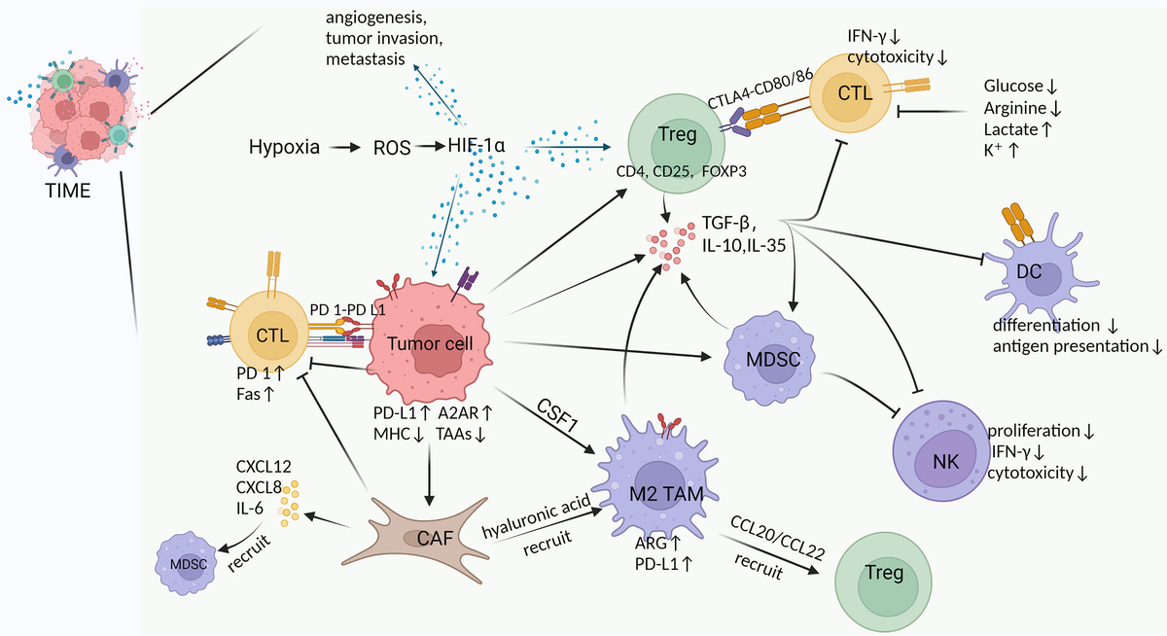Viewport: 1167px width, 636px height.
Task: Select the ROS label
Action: [x=387, y=149]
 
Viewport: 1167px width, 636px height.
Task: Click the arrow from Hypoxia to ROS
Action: [x=341, y=149]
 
